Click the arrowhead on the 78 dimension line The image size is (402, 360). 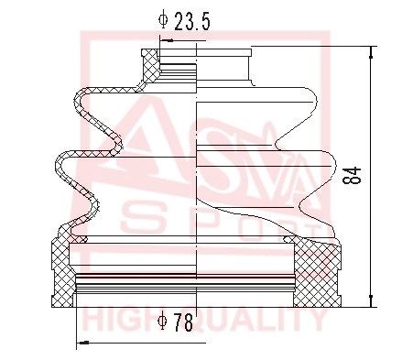tap(82, 343)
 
